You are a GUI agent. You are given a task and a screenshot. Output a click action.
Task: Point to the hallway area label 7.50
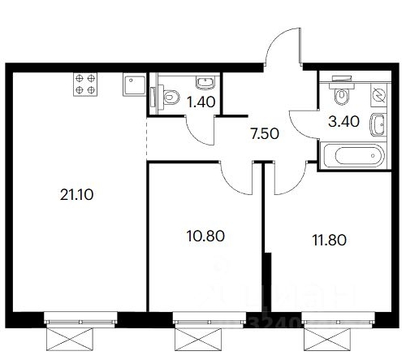[264, 133]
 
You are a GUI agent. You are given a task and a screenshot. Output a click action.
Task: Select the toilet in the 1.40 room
[168, 97]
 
